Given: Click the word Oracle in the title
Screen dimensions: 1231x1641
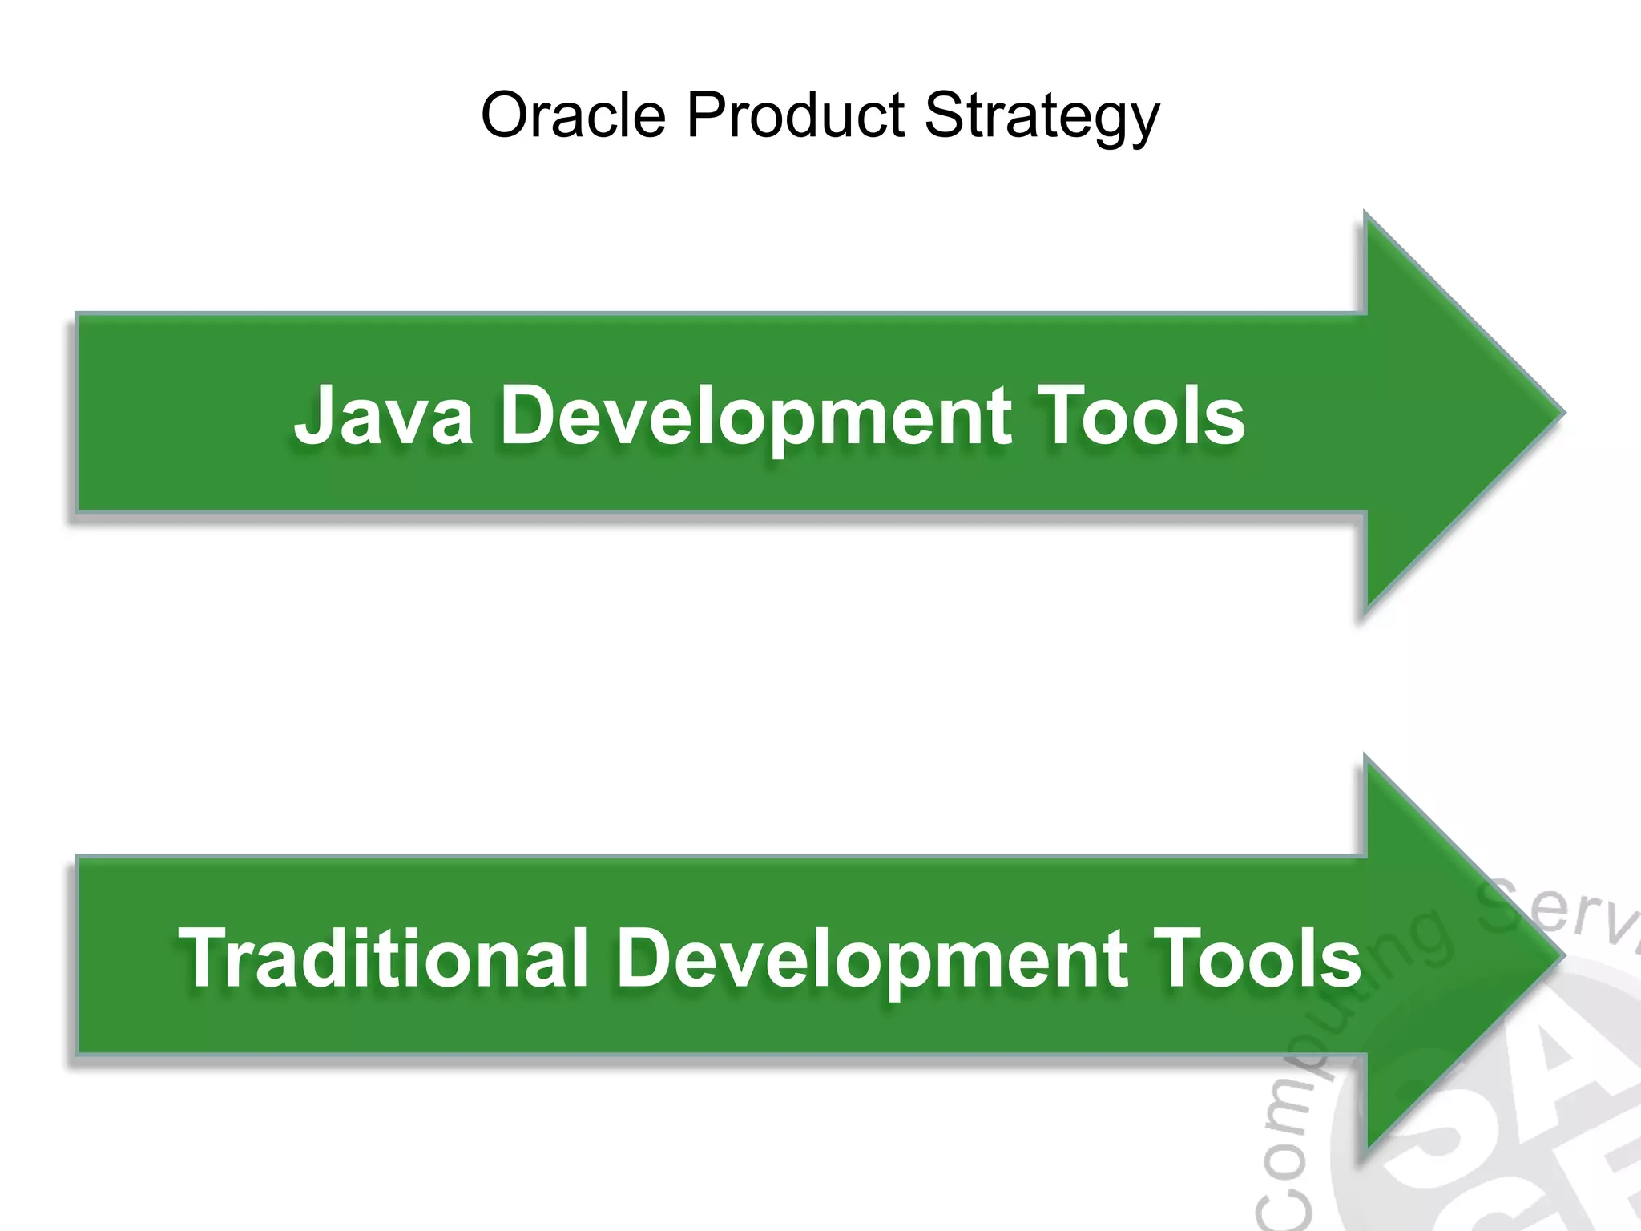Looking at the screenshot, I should [573, 115].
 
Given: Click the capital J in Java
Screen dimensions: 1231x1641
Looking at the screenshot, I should [315, 415].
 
